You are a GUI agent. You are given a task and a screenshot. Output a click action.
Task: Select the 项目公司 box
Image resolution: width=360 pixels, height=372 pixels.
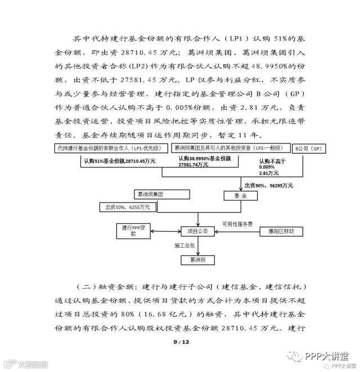click(x=197, y=231)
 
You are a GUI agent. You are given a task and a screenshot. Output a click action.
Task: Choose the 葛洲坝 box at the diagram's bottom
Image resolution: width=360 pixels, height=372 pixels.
click(x=197, y=261)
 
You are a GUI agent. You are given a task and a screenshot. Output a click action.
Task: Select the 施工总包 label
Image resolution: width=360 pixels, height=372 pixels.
click(x=184, y=246)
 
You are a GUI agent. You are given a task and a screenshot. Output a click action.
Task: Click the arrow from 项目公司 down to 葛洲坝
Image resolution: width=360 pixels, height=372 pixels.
click(x=197, y=246)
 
